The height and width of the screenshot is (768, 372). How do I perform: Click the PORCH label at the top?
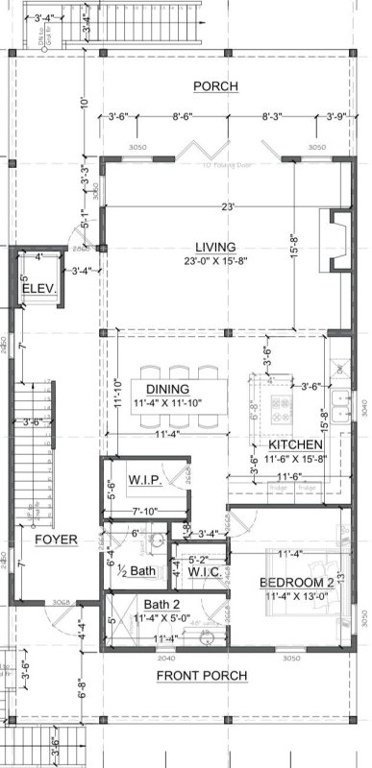pos(215,86)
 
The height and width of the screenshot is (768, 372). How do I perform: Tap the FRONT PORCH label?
pos(202,676)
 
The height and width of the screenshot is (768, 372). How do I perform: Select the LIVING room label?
pos(215,246)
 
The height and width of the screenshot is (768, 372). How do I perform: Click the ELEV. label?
pos(38,289)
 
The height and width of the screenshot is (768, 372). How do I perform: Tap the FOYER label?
pos(56,540)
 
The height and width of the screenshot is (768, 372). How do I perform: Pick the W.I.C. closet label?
pos(204,574)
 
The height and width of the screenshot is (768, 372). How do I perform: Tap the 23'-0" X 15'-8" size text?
pos(214,260)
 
